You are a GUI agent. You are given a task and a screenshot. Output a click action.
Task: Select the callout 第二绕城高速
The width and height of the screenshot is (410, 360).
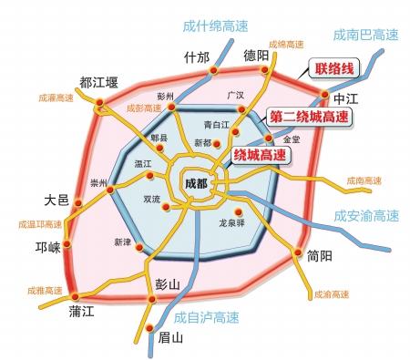click(309, 117)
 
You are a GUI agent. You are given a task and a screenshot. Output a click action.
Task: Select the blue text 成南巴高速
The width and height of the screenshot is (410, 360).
click(364, 36)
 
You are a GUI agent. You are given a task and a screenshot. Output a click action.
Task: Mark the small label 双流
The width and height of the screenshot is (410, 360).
click(152, 198)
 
